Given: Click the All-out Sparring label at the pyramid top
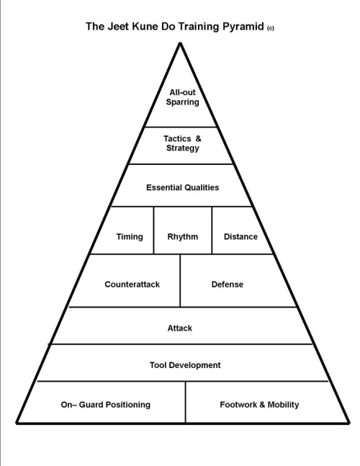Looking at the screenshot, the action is click(182, 97).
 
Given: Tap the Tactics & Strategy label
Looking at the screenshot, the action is click(182, 143).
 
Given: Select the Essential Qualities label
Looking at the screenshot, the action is click(182, 187).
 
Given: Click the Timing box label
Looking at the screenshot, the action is click(130, 237).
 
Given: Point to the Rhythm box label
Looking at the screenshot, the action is click(182, 236).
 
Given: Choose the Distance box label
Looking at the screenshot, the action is click(240, 236).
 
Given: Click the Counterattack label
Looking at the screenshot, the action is click(132, 284).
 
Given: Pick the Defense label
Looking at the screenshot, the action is click(228, 284).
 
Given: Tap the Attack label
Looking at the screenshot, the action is click(180, 328).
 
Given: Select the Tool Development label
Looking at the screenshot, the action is click(185, 365).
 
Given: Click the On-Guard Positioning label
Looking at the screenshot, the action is click(105, 405).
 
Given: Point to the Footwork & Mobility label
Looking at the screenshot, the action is click(259, 405).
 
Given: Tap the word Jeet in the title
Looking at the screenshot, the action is click(118, 27).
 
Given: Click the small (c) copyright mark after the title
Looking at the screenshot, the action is click(270, 28).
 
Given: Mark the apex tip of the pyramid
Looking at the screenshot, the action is click(180, 43).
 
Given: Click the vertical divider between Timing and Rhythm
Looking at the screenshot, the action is click(153, 230).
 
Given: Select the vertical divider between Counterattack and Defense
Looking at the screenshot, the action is click(180, 281).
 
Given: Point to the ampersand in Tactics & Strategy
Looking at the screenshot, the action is click(198, 139).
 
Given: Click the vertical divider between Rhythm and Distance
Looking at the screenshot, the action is click(212, 230).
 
